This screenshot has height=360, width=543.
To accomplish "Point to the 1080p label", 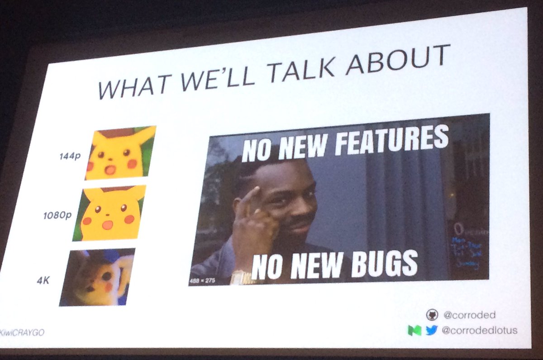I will click(57, 215).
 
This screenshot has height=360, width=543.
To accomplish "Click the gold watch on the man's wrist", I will click(240, 276).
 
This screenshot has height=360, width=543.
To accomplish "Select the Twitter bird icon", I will click(431, 331).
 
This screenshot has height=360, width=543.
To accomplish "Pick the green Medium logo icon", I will click(414, 331).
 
